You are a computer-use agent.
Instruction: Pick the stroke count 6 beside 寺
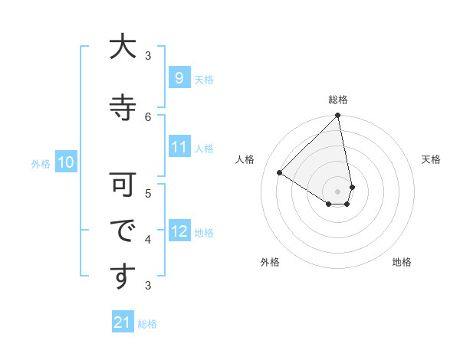(x=149, y=116)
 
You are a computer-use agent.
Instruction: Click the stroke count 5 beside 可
(x=149, y=193)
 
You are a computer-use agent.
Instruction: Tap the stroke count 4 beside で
(x=149, y=239)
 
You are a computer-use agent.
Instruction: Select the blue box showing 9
(x=179, y=78)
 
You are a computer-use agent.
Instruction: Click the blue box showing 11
(x=179, y=147)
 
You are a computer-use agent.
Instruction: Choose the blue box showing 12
(x=179, y=231)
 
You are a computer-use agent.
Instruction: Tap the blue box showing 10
(x=66, y=162)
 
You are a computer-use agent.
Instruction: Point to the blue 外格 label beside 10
(x=41, y=163)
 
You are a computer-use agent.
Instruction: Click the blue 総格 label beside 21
(x=147, y=324)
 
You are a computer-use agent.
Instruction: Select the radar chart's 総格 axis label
(x=338, y=100)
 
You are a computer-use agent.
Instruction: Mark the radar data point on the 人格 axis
(x=280, y=173)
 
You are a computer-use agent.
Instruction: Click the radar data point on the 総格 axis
(x=338, y=116)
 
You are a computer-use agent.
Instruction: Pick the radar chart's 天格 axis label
(x=431, y=159)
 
